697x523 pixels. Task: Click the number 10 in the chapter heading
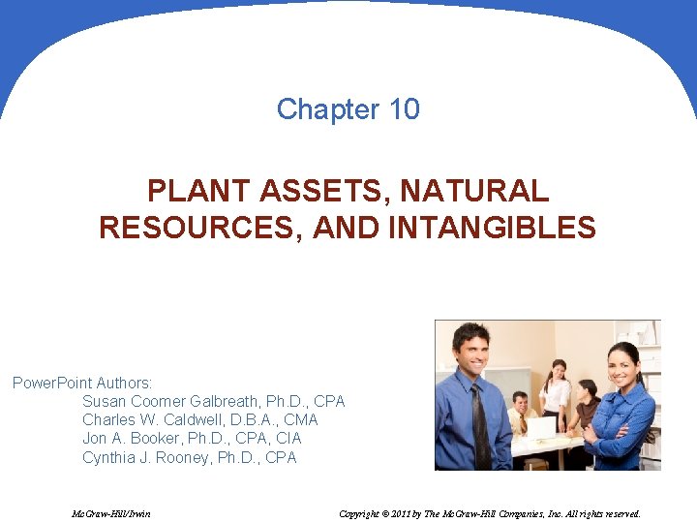405,109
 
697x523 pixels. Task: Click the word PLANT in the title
190,191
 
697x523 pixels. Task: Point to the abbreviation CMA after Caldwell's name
300,419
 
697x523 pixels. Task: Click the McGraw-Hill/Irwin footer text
111,513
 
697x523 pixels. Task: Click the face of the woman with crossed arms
622,366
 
